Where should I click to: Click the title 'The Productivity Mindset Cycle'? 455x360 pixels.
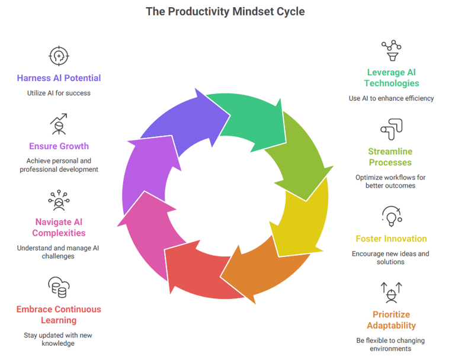pyautogui.click(x=225, y=11)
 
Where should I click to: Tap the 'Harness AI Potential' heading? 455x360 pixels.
pyautogui.click(x=59, y=78)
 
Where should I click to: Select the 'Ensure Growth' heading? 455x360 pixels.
pyautogui.click(x=59, y=146)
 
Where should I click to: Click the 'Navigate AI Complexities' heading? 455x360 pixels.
pyautogui.click(x=59, y=227)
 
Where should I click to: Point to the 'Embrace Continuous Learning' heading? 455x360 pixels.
pyautogui.click(x=59, y=314)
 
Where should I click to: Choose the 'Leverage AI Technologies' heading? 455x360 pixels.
pyautogui.click(x=391, y=78)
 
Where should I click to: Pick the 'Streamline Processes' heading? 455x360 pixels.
pyautogui.click(x=390, y=157)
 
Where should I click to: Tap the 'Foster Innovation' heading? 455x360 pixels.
pyautogui.click(x=391, y=239)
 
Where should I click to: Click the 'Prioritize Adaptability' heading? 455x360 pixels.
pyautogui.click(x=391, y=320)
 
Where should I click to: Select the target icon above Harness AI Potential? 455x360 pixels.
pyautogui.click(x=59, y=56)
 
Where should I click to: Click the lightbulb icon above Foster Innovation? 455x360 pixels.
pyautogui.click(x=391, y=217)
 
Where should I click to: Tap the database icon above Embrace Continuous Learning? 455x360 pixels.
pyautogui.click(x=59, y=287)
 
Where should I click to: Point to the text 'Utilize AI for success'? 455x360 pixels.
pyautogui.click(x=59, y=93)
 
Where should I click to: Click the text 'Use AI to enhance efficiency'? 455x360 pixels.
pyautogui.click(x=391, y=98)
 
